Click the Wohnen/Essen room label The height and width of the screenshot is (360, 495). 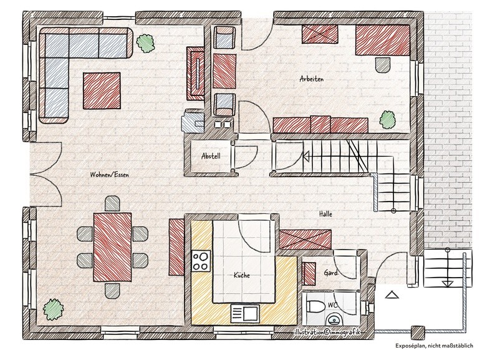(x=109, y=175)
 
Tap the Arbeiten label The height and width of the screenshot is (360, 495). (x=312, y=79)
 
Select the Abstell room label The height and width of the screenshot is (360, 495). (x=211, y=156)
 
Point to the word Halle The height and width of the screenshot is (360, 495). (x=325, y=214)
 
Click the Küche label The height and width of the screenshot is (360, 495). (x=242, y=275)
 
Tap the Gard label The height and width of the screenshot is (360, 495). (x=330, y=273)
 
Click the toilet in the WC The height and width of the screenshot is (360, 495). (x=315, y=306)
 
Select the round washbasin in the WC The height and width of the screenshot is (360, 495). (x=334, y=320)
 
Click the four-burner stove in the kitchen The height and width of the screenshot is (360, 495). (x=201, y=260)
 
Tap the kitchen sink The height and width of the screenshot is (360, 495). (x=245, y=314)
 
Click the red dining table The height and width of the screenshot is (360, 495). (x=112, y=247)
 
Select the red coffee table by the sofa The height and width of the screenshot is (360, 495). (x=102, y=90)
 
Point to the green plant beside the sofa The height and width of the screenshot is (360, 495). (x=145, y=43)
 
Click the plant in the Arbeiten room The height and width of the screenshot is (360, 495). (x=387, y=119)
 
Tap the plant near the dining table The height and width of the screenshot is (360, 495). (x=53, y=309)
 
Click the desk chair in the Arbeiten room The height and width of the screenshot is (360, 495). (x=383, y=64)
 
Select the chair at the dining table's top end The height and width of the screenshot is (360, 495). (x=112, y=203)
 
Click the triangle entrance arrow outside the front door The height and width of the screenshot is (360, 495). (x=392, y=294)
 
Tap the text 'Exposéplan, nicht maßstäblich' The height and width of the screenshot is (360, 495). (x=434, y=346)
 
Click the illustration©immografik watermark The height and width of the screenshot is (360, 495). (x=327, y=333)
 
